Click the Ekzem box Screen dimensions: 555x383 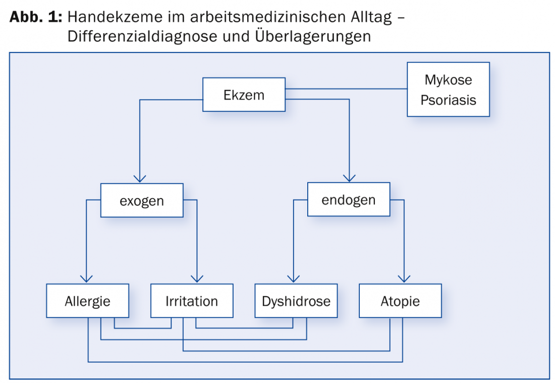[x=244, y=94]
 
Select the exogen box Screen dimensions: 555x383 [x=142, y=201]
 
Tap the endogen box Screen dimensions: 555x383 [x=349, y=199]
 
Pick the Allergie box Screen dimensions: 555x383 [x=87, y=301]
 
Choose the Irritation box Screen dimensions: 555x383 [x=192, y=301]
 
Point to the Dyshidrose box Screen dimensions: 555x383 [x=296, y=301]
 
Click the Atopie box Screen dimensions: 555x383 [x=400, y=301]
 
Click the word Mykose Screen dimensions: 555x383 [x=448, y=80]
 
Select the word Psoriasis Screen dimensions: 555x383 [x=448, y=100]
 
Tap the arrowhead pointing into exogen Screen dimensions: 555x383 [x=140, y=178]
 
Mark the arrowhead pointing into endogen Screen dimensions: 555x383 [x=349, y=178]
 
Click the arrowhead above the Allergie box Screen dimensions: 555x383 [x=86, y=279]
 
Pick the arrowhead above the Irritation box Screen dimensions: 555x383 [x=197, y=279]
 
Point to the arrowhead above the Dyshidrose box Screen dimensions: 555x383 [x=294, y=279]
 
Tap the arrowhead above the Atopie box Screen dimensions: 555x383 [x=404, y=279]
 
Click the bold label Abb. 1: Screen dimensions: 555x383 [x=36, y=17]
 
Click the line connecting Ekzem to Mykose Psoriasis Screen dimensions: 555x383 [x=346, y=88]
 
